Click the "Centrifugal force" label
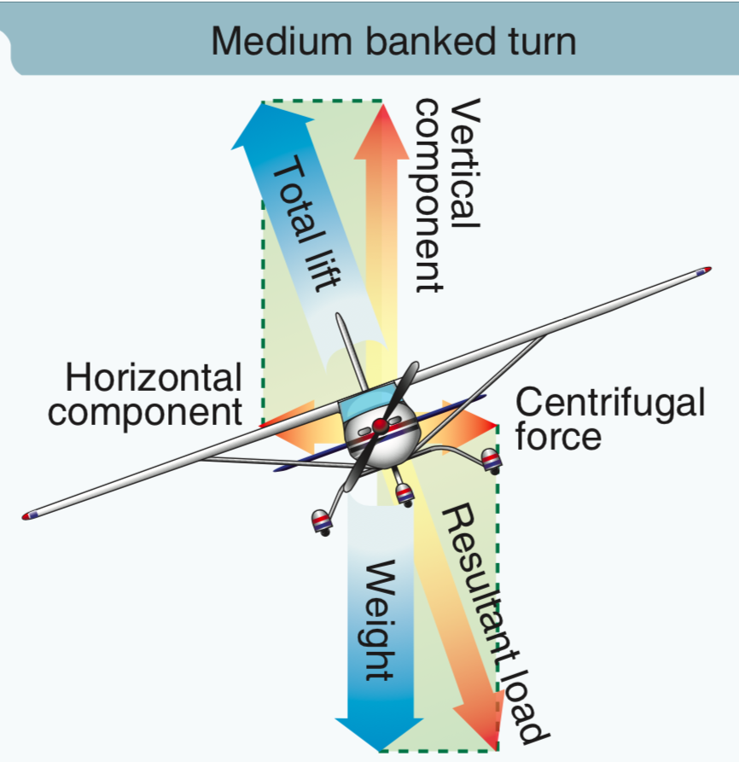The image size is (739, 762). pyautogui.click(x=610, y=418)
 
